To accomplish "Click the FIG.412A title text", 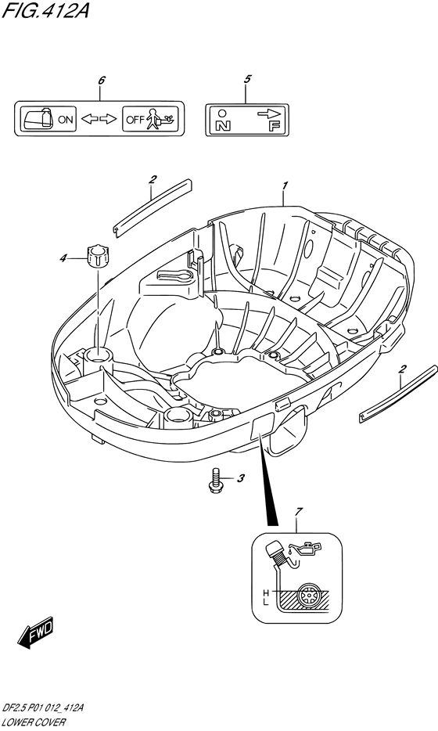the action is pos(45,10).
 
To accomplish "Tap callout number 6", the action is pos(102,80).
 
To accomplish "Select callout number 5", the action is pos(247,79).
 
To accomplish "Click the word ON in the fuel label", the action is pos(65,119).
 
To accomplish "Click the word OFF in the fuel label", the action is pos(135,120).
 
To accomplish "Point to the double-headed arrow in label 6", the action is pos(99,119).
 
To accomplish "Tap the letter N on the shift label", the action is pos(222,126).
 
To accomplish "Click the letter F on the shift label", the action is pos(273,126).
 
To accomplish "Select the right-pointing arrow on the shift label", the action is pos(269,113).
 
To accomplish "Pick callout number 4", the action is pos(63,257).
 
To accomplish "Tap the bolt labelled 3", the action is pos(214,481).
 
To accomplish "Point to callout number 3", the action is pos(240,478).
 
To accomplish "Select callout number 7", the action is pos(299,513).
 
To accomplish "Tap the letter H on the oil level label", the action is pos(266,592).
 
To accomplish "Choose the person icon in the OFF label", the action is pos(152,119).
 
